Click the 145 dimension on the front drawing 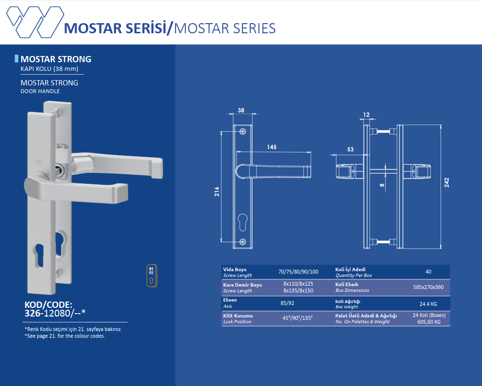(x=272, y=147)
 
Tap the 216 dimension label (x=217, y=192)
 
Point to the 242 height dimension (x=447, y=182)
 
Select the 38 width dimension (x=241, y=110)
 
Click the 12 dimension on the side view (x=366, y=114)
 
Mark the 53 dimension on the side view (x=350, y=150)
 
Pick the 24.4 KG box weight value (x=428, y=304)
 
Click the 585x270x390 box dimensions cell (x=428, y=287)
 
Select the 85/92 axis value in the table (x=287, y=303)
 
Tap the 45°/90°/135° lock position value (x=297, y=318)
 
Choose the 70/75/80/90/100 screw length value (x=298, y=272)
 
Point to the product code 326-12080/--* (x=55, y=313)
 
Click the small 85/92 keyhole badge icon (x=152, y=276)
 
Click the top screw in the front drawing (x=243, y=131)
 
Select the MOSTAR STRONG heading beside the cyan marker (x=55, y=59)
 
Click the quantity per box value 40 (x=428, y=272)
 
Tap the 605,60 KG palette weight (x=428, y=322)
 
